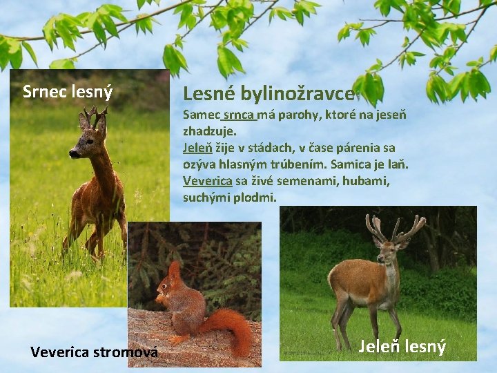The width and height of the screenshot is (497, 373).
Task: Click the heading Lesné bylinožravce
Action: pyautogui.click(x=269, y=93)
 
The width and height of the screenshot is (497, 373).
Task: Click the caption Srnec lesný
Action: pyautogui.click(x=68, y=91)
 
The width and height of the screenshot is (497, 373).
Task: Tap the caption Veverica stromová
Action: pyautogui.click(x=95, y=352)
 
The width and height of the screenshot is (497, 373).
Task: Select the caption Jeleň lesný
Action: pyautogui.click(x=402, y=346)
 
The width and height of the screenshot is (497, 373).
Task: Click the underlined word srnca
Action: pyautogui.click(x=239, y=114)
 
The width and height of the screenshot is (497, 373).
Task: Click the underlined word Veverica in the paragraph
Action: pyautogui.click(x=207, y=181)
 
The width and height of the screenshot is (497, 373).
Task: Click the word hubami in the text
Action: pyautogui.click(x=366, y=181)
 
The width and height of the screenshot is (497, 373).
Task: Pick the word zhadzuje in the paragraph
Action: pyautogui.click(x=209, y=130)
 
